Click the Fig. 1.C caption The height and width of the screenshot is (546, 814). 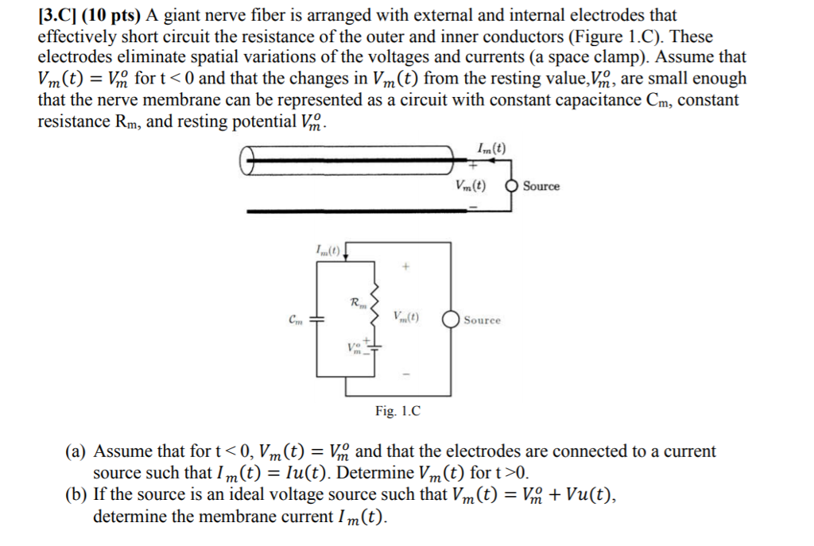tap(397, 411)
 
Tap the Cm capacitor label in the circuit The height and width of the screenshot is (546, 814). tap(296, 319)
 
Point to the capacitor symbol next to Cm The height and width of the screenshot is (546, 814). tap(316, 319)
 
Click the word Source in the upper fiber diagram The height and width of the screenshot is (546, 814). tap(541, 187)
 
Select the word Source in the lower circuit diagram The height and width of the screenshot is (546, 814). tap(483, 320)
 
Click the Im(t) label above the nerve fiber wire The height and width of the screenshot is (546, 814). tap(490, 147)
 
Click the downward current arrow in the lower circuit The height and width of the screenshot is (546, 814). tap(345, 254)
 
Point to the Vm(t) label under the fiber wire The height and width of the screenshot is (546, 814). tap(471, 186)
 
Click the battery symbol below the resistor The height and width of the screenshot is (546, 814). tap(375, 348)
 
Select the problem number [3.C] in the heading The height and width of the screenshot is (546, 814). tap(58, 15)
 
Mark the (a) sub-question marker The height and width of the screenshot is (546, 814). tap(76, 452)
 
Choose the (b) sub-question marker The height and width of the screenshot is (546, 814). tap(76, 495)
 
